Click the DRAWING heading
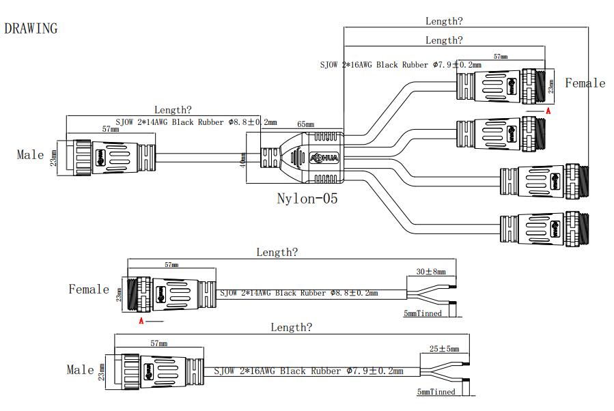pyautogui.click(x=31, y=29)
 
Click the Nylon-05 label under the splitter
pyautogui.click(x=307, y=199)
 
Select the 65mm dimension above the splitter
pyautogui.click(x=305, y=126)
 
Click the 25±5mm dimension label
pyautogui.click(x=444, y=349)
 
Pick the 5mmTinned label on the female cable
pyautogui.click(x=423, y=314)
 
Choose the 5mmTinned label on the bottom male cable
pyautogui.click(x=436, y=392)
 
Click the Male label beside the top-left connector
pyautogui.click(x=30, y=155)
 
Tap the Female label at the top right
pyautogui.click(x=585, y=83)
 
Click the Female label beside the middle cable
pyautogui.click(x=89, y=289)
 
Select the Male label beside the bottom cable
pyautogui.click(x=80, y=370)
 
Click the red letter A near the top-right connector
pyautogui.click(x=547, y=109)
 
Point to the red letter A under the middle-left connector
pyautogui.click(x=141, y=320)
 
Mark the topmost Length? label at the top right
pyautogui.click(x=444, y=21)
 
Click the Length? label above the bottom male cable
pyautogui.click(x=292, y=328)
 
